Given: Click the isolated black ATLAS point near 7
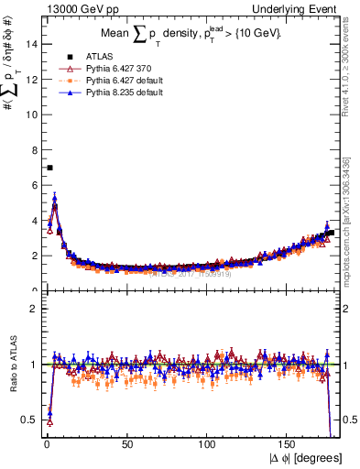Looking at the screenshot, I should pyautogui.click(x=49, y=168).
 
